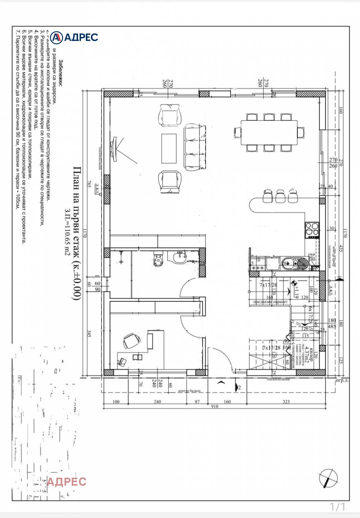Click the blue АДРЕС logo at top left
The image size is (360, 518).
74,37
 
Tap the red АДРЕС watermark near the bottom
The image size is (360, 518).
67,481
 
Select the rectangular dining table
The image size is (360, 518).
269,133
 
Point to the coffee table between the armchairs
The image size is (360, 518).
169,148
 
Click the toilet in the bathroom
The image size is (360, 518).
158,260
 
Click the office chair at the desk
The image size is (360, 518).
131,340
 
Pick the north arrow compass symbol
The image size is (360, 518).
328,478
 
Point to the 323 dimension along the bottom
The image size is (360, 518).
286,401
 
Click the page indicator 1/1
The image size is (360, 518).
337,507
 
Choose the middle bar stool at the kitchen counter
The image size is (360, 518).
280,196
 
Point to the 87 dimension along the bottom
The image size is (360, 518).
197,401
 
